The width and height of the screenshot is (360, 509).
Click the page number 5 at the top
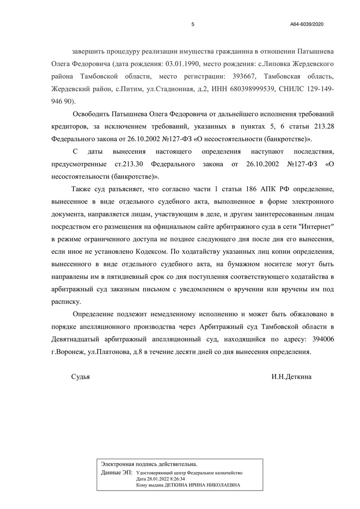coord(193,24)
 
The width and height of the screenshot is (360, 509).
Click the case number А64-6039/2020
coord(307,24)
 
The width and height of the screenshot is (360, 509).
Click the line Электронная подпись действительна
coord(149,464)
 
